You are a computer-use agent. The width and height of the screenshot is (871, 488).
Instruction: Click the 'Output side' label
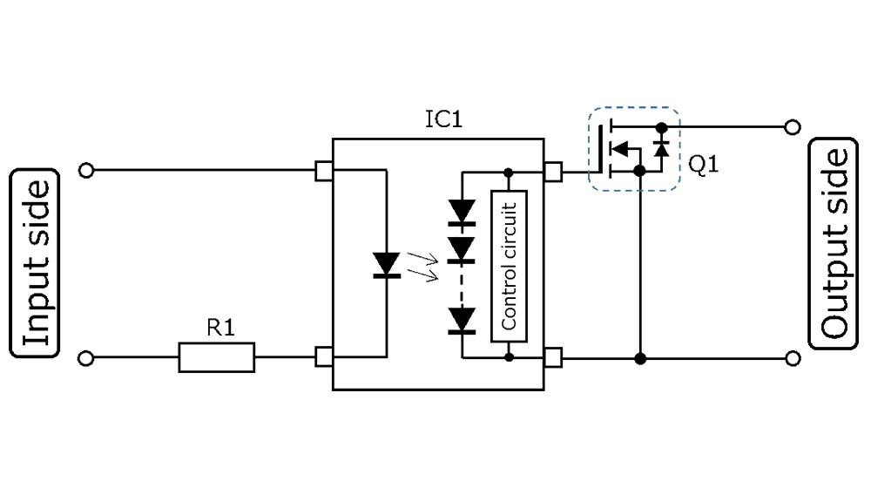coord(834,243)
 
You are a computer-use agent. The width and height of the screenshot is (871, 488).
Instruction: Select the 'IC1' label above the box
coord(443,119)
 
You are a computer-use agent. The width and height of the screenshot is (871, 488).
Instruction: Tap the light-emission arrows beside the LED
coord(428,269)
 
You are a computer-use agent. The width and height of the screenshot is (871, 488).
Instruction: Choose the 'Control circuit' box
coord(509,266)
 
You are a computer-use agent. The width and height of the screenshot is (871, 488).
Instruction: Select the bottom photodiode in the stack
coord(463,321)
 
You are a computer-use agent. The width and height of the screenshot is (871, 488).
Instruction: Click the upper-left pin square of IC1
coord(324,171)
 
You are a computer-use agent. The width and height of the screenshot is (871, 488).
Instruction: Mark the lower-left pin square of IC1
coord(324,357)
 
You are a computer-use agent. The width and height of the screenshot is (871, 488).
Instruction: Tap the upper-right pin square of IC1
coord(552,171)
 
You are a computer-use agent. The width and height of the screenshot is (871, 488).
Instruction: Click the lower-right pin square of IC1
coord(552,357)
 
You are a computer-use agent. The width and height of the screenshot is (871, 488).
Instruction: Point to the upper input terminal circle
coord(85,171)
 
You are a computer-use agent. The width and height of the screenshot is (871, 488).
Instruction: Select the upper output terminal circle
coord(792,127)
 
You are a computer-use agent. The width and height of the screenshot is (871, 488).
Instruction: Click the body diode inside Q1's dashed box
coord(661,148)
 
